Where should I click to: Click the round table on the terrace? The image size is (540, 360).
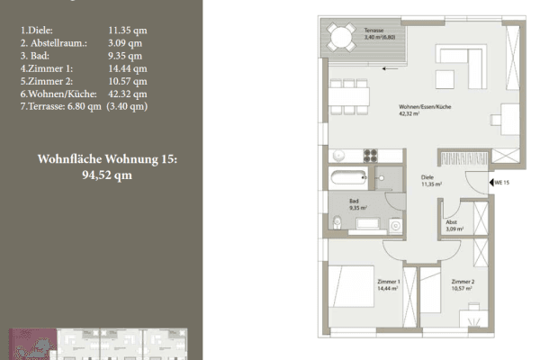pos(340,38)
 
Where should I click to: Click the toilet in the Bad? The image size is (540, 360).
pos(336,222)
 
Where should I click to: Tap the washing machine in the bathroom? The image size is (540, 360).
pos(395,226)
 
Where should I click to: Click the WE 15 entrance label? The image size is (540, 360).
pos(501,183)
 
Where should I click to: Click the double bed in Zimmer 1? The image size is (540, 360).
pos(353,291)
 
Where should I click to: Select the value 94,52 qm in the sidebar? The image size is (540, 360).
pos(107,175)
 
